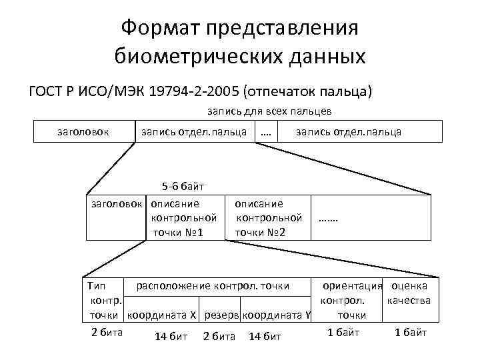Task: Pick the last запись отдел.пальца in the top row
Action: [x=347, y=131]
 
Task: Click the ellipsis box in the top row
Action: [x=267, y=132]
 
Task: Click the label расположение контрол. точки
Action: [x=213, y=286]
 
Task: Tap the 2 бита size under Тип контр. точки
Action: [x=106, y=332]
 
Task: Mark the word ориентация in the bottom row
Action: [x=352, y=286]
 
